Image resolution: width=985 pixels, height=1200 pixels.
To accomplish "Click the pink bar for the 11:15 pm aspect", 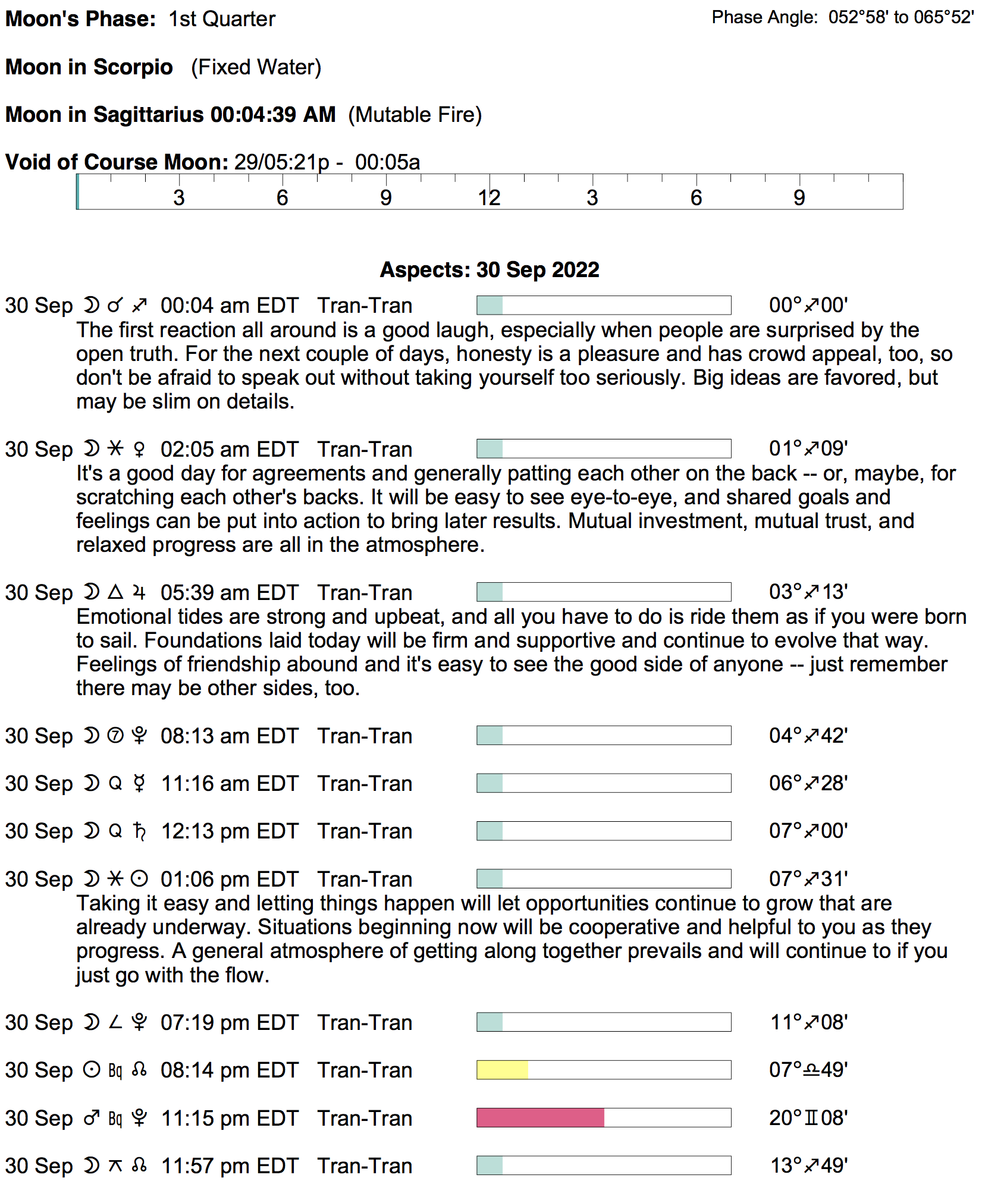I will point(540,1118).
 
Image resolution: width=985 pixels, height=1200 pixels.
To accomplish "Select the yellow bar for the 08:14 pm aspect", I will point(502,1070).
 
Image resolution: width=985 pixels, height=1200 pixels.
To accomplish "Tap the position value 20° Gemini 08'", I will point(808,1118).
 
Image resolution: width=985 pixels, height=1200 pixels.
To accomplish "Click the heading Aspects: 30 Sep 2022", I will point(489,270).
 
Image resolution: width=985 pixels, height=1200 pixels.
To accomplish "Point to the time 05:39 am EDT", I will point(229,593).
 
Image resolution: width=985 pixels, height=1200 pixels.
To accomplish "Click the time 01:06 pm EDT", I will point(229,879).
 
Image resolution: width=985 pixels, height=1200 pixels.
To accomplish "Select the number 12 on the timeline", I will point(489,198).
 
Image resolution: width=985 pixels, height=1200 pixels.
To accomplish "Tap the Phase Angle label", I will point(764,17).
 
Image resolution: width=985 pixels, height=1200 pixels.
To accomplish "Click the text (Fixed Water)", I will point(256,67).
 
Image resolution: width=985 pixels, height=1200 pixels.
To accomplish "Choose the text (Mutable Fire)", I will point(415,115).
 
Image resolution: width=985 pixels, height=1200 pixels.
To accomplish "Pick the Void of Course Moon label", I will point(117,162).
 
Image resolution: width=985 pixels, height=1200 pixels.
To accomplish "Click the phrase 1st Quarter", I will point(222,19).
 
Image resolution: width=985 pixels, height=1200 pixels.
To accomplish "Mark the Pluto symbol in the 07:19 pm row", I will point(139,1022).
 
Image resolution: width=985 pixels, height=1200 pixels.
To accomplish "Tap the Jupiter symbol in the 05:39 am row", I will point(139,592).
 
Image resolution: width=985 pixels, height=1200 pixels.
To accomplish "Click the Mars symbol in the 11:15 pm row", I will point(92,1118).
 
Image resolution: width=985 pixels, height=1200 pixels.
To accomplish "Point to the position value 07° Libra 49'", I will point(808,1070).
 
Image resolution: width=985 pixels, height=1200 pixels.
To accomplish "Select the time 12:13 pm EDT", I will point(229,831).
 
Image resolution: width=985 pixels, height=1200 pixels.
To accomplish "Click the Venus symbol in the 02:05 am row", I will point(139,450).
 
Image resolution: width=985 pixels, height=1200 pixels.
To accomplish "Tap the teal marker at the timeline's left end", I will point(78,192).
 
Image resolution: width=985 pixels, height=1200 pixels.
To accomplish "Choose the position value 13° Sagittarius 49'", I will point(808,1166).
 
